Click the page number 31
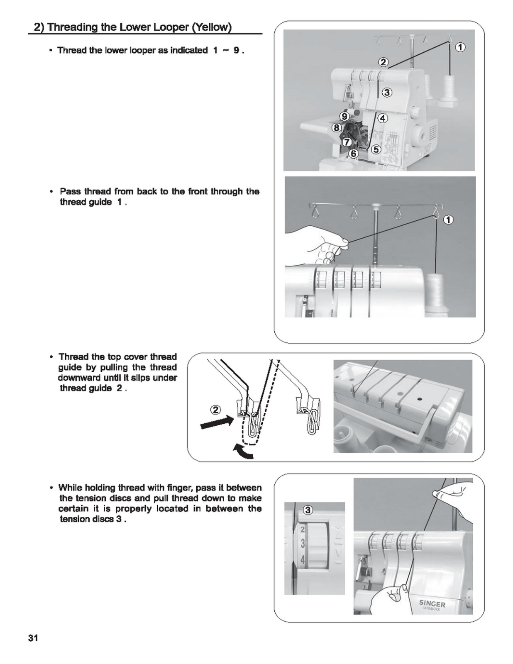click(33, 638)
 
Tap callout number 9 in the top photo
click(344, 116)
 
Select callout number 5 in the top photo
click(376, 149)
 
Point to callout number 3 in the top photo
click(386, 92)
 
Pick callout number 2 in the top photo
click(383, 63)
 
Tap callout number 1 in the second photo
click(449, 220)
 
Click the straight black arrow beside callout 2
click(216, 424)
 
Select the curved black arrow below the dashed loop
click(243, 452)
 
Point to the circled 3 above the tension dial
click(308, 510)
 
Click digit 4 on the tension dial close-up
click(303, 560)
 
